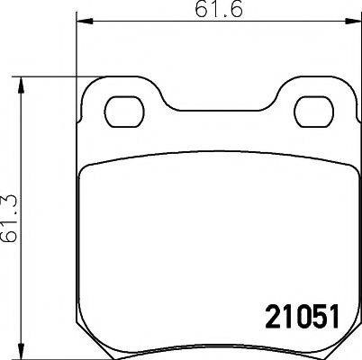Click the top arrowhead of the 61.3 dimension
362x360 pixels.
coord(23,84)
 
